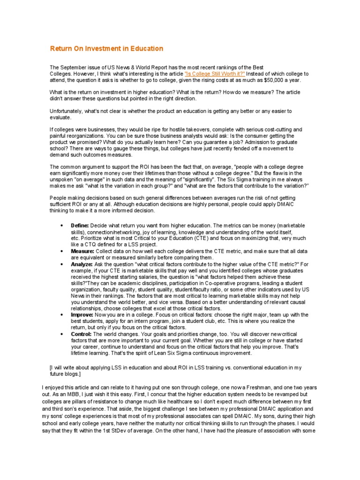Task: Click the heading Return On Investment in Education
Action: (106, 48)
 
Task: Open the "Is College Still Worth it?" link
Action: (215, 74)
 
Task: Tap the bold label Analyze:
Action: (82, 264)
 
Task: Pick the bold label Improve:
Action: (82, 315)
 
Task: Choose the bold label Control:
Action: (82, 334)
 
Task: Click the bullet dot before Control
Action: (62, 334)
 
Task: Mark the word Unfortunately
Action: (66, 111)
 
